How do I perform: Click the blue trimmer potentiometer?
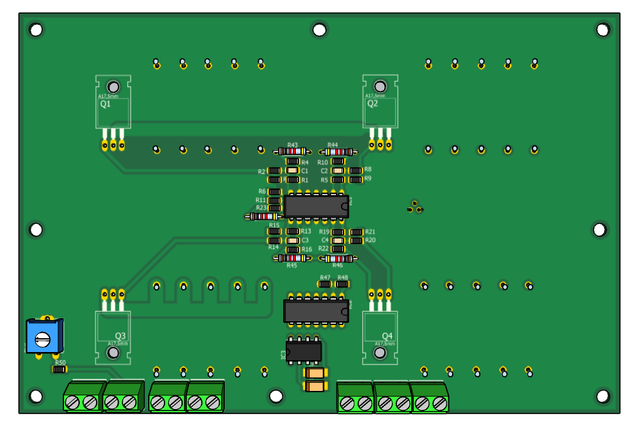(x=43, y=337)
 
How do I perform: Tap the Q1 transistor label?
(x=105, y=104)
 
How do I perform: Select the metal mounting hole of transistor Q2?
(x=380, y=87)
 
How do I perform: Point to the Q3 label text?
(x=121, y=336)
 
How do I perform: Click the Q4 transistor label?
(x=387, y=336)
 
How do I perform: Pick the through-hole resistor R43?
(x=292, y=151)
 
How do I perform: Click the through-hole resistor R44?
(x=338, y=151)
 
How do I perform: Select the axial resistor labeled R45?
(x=292, y=258)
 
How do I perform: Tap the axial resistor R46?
(x=338, y=258)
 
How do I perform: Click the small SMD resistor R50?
(x=60, y=370)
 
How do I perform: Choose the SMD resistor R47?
(x=325, y=284)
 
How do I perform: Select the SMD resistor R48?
(x=342, y=284)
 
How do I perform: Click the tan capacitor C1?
(x=292, y=171)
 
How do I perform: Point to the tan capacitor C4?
(x=338, y=240)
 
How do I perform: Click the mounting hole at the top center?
(x=319, y=29)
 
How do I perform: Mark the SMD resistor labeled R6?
(x=274, y=192)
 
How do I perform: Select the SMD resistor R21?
(x=356, y=232)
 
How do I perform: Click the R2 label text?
(x=262, y=171)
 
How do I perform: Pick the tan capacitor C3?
(x=292, y=240)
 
